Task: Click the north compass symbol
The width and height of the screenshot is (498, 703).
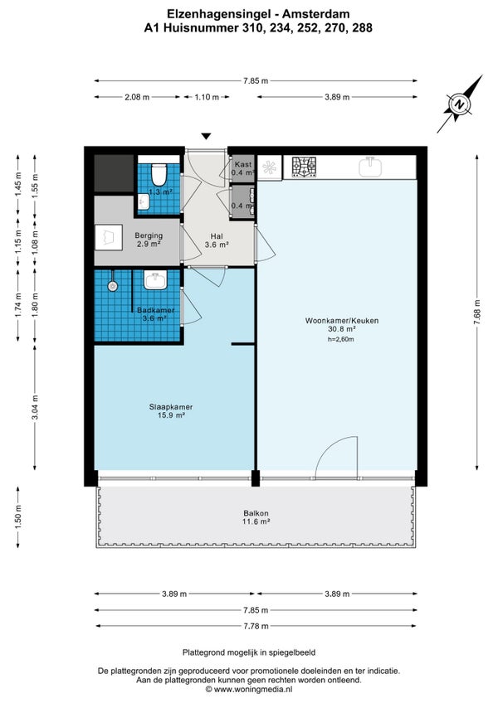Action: point(459,104)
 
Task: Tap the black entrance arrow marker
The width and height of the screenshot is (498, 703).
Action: point(206,136)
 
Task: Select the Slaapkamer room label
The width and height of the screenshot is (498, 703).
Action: point(171,411)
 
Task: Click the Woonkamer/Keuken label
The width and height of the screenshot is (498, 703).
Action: point(342,325)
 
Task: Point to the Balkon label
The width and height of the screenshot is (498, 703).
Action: point(256,517)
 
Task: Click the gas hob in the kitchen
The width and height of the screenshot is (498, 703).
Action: point(305,167)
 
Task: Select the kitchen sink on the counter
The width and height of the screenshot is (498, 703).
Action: point(370,167)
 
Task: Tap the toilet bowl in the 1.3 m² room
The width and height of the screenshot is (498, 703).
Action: point(159,175)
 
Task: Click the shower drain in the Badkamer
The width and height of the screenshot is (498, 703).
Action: point(112,285)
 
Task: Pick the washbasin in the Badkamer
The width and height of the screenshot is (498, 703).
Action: point(155,279)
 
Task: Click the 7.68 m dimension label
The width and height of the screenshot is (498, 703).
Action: point(477,313)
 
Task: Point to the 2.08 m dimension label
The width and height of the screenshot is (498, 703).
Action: point(137,97)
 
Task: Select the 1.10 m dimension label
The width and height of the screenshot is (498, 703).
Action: point(207,97)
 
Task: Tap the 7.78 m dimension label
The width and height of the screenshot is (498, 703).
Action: point(256,626)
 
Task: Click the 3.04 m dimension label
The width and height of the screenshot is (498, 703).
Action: point(35,407)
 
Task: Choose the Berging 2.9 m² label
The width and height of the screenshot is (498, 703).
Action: point(149,240)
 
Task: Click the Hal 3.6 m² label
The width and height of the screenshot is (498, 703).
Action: point(217,240)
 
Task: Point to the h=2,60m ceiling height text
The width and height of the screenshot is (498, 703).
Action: point(341,339)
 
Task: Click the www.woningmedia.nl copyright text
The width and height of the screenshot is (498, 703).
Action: point(249,689)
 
